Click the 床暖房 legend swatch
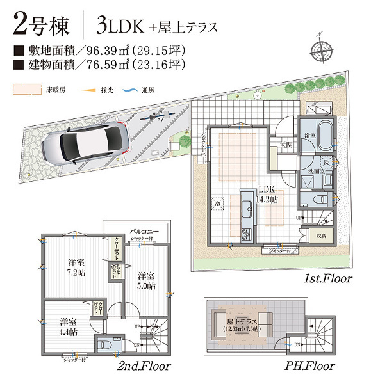pos(26,89)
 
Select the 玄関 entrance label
pos(285,145)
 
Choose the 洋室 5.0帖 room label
pos(147,281)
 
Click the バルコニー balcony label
pos(145,230)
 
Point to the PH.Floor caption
pos(311,366)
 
